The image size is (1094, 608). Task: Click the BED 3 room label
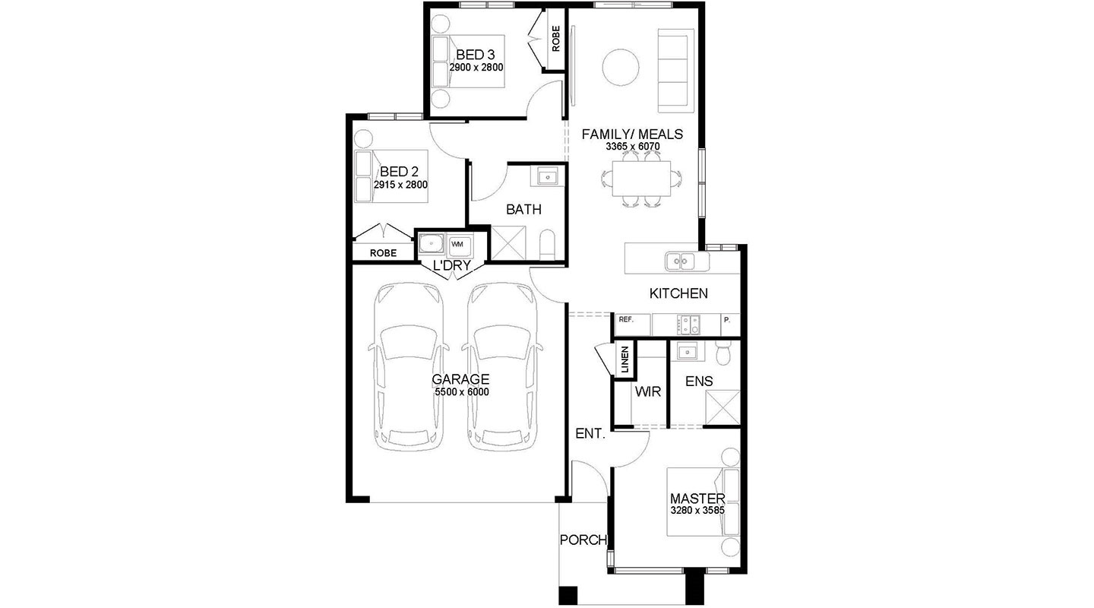(476, 55)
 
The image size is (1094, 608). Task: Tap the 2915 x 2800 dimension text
(400, 185)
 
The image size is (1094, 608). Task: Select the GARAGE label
(460, 378)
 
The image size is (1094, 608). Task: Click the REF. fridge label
(626, 320)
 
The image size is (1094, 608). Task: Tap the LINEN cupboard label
(624, 359)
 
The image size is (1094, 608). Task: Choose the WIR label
(647, 391)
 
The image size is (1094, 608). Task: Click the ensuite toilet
(722, 353)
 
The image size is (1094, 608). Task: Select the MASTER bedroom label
(697, 499)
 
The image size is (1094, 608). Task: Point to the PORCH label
(583, 540)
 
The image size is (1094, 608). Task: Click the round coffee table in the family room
(620, 68)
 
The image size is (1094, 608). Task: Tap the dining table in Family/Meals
(642, 179)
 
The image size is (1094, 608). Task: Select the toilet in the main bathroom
(548, 245)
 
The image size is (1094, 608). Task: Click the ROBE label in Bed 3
(556, 39)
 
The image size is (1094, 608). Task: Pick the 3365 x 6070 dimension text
(632, 147)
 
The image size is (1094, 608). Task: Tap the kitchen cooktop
(688, 325)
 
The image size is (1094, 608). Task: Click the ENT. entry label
(590, 433)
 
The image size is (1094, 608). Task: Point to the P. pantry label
(727, 320)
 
